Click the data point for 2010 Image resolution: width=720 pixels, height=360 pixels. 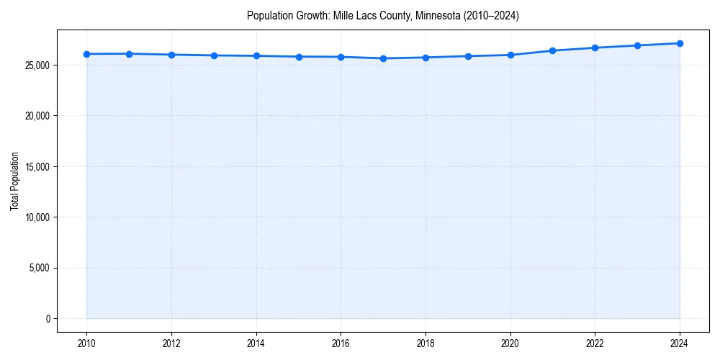(x=86, y=54)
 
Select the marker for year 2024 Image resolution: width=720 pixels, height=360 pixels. (x=680, y=43)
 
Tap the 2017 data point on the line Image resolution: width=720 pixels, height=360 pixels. (x=383, y=58)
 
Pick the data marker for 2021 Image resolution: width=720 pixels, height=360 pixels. (x=552, y=50)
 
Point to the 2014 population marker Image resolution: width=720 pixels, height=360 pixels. (x=256, y=55)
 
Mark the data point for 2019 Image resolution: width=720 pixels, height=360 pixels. (x=468, y=56)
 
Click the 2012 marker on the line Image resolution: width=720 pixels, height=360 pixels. (x=171, y=55)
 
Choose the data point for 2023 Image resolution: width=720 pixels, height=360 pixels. (x=637, y=45)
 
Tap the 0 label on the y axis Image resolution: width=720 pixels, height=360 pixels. (x=48, y=319)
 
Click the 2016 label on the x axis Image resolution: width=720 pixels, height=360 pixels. (x=341, y=344)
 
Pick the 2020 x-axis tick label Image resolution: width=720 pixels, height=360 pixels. (x=510, y=344)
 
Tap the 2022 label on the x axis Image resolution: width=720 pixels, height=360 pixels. (x=595, y=344)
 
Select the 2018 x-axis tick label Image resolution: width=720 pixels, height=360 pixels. (x=426, y=344)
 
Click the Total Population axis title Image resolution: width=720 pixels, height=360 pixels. (x=14, y=181)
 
